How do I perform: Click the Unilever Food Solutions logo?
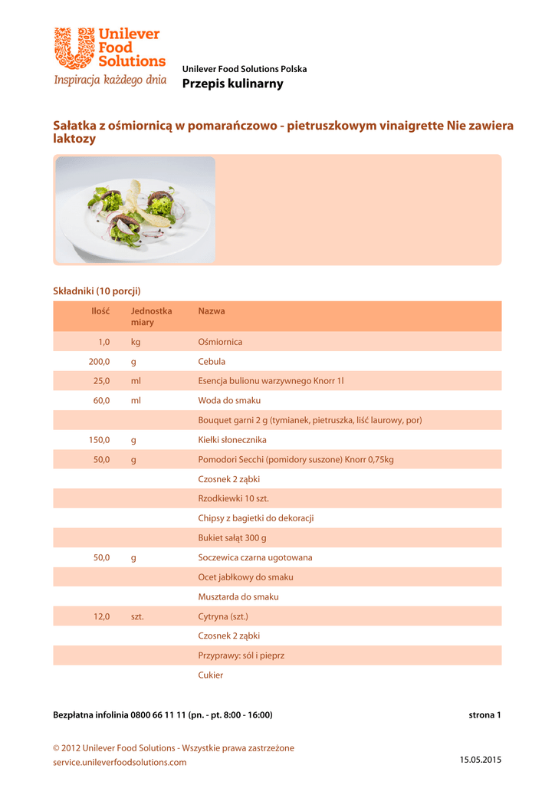click(x=110, y=50)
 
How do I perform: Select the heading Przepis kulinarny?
click(x=232, y=84)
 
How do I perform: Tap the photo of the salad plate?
click(x=136, y=209)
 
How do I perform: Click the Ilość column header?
click(x=100, y=311)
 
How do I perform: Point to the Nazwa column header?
click(x=212, y=311)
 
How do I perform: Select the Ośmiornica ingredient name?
click(x=220, y=342)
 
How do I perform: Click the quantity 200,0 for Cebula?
click(x=100, y=361)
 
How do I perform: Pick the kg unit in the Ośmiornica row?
click(x=136, y=342)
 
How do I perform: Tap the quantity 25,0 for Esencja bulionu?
click(x=102, y=381)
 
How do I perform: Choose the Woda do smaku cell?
click(x=229, y=401)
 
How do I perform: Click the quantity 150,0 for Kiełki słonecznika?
click(x=100, y=440)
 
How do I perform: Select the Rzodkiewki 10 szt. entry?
click(x=233, y=498)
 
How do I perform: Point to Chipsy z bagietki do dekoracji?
click(x=256, y=518)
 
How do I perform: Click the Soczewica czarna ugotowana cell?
click(x=255, y=557)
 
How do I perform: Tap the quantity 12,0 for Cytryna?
click(x=102, y=616)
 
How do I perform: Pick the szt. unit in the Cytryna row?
click(x=137, y=616)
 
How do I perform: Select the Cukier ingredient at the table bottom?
click(x=211, y=675)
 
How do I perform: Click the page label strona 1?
click(x=484, y=715)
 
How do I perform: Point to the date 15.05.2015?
click(x=480, y=760)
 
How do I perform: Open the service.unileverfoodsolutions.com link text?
click(x=120, y=763)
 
